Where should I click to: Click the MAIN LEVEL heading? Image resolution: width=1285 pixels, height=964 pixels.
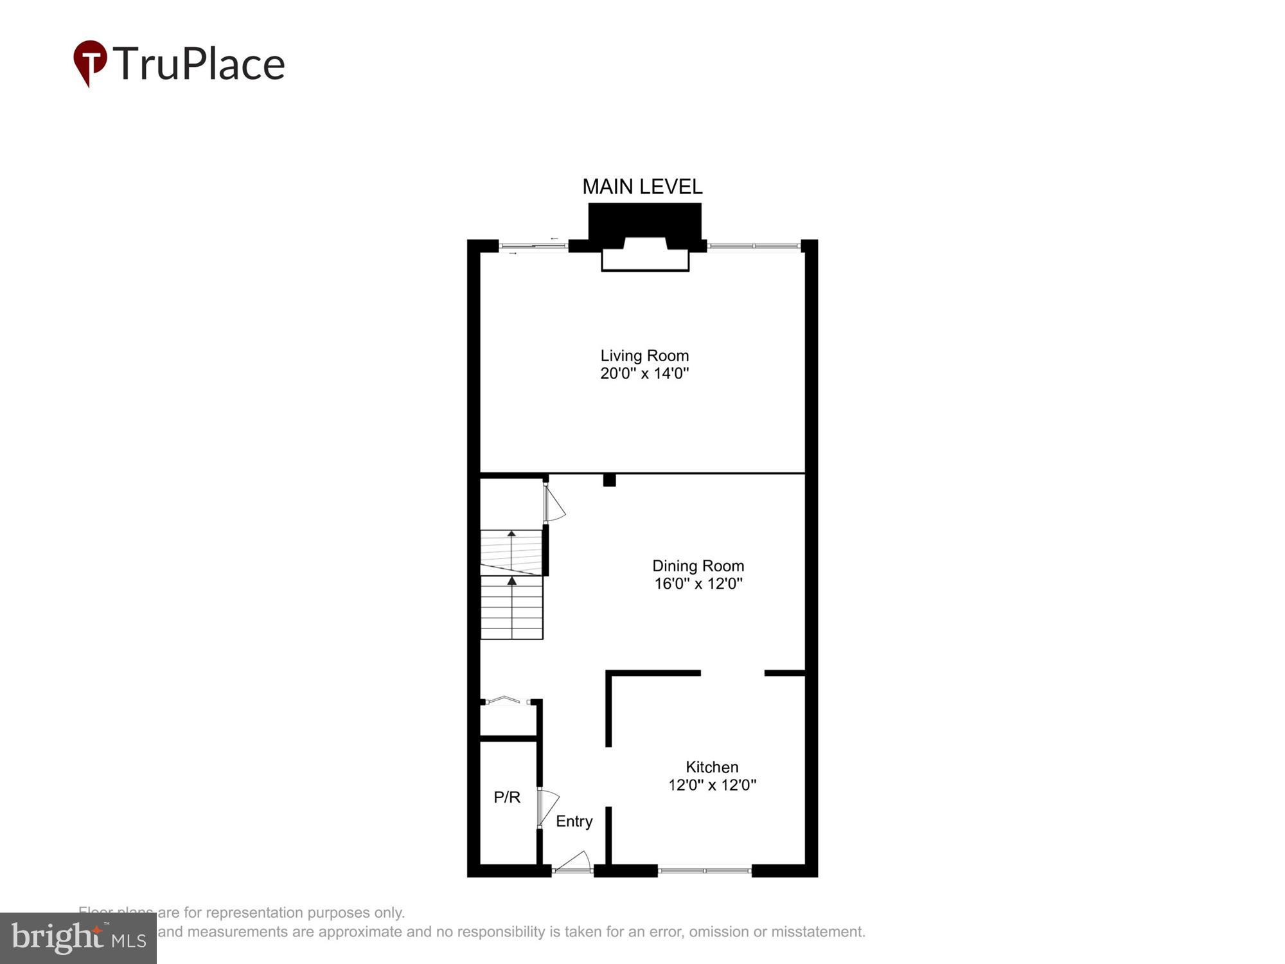[642, 187]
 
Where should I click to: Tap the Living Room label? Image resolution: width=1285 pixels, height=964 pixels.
[644, 355]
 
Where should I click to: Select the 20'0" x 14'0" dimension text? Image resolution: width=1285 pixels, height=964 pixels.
[644, 373]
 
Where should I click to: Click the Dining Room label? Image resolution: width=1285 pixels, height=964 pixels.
[698, 566]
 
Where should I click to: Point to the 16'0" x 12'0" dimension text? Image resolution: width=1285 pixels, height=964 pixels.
[698, 584]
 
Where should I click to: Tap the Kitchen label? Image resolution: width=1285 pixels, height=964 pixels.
[712, 767]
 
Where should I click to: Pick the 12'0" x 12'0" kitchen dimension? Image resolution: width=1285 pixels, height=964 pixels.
[712, 785]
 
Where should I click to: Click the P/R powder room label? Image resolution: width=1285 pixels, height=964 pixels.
[506, 798]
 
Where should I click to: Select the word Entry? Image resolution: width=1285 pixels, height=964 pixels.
[574, 821]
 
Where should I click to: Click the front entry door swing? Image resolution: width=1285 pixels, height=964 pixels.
[573, 862]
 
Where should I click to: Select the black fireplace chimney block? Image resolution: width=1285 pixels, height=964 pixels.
[644, 222]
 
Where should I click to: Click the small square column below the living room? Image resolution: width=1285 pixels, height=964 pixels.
[609, 480]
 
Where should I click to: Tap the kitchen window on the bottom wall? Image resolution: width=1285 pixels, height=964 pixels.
[704, 871]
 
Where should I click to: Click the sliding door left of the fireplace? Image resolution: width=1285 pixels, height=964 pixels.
[533, 245]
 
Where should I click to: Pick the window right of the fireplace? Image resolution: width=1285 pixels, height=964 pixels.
[754, 245]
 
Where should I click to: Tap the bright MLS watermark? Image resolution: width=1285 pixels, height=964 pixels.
[78, 938]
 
